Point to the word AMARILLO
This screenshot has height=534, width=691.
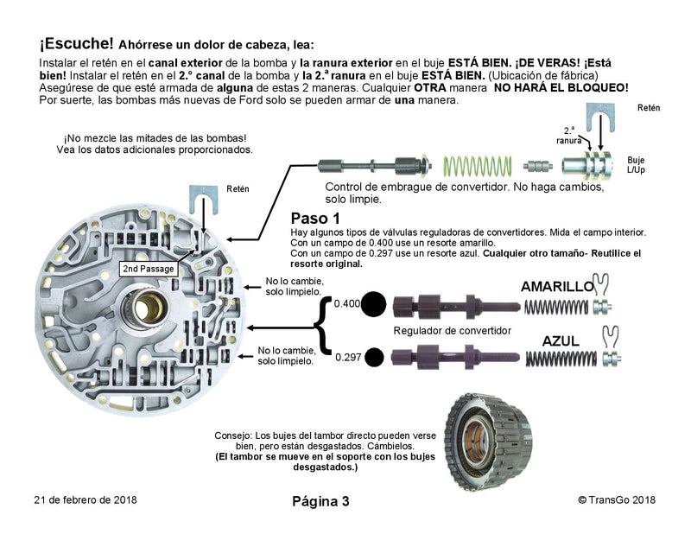(556, 287)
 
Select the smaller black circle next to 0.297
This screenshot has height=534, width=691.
(375, 355)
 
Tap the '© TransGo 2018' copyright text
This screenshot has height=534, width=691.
(617, 500)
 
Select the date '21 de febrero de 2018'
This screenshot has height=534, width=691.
(86, 500)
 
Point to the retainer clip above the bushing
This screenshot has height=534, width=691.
(599, 116)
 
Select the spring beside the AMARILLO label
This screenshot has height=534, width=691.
(561, 305)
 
